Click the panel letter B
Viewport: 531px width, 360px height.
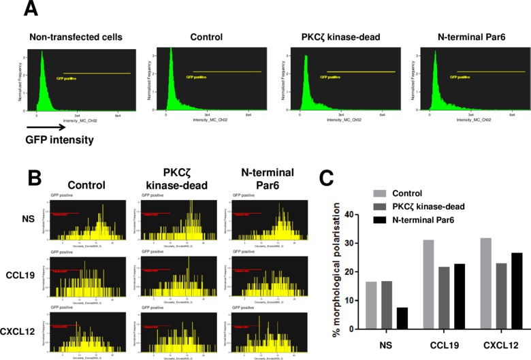[36, 180]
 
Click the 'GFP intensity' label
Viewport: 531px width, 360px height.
[59, 141]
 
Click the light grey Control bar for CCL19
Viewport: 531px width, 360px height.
[430, 284]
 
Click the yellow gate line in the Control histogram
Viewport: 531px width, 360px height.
[227, 71]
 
